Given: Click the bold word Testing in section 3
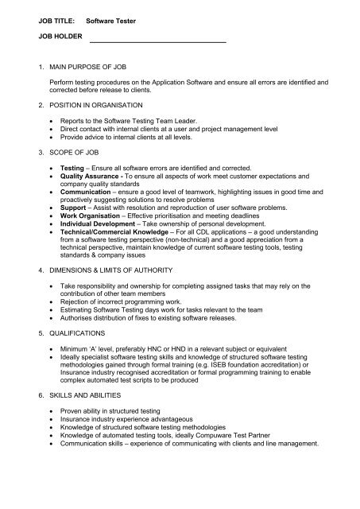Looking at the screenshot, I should pos(74,168).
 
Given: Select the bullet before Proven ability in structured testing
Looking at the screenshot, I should pos(51,412).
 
